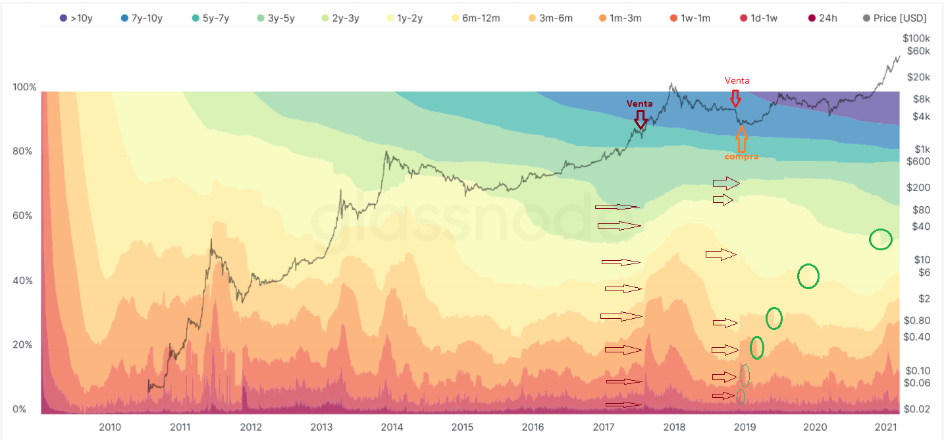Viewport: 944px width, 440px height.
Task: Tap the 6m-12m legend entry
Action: click(x=474, y=18)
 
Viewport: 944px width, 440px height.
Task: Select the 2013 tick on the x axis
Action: click(x=321, y=427)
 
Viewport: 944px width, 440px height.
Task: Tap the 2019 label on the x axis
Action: click(x=745, y=427)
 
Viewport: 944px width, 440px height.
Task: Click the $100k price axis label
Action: click(x=916, y=38)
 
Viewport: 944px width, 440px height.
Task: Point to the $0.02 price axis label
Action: click(x=917, y=409)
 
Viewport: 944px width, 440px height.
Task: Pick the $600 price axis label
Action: click(x=917, y=161)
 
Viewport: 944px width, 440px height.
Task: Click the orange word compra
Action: click(x=741, y=157)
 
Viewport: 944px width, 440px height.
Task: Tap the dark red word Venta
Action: click(x=639, y=104)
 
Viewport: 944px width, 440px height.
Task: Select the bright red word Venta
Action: click(x=737, y=80)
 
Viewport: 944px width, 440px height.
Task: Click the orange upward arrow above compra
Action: click(x=741, y=138)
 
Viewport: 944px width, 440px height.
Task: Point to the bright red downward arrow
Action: click(x=735, y=97)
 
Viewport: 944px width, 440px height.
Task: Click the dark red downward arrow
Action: click(x=640, y=119)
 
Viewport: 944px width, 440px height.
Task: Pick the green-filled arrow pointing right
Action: click(x=726, y=182)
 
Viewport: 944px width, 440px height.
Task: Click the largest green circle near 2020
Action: click(x=808, y=276)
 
